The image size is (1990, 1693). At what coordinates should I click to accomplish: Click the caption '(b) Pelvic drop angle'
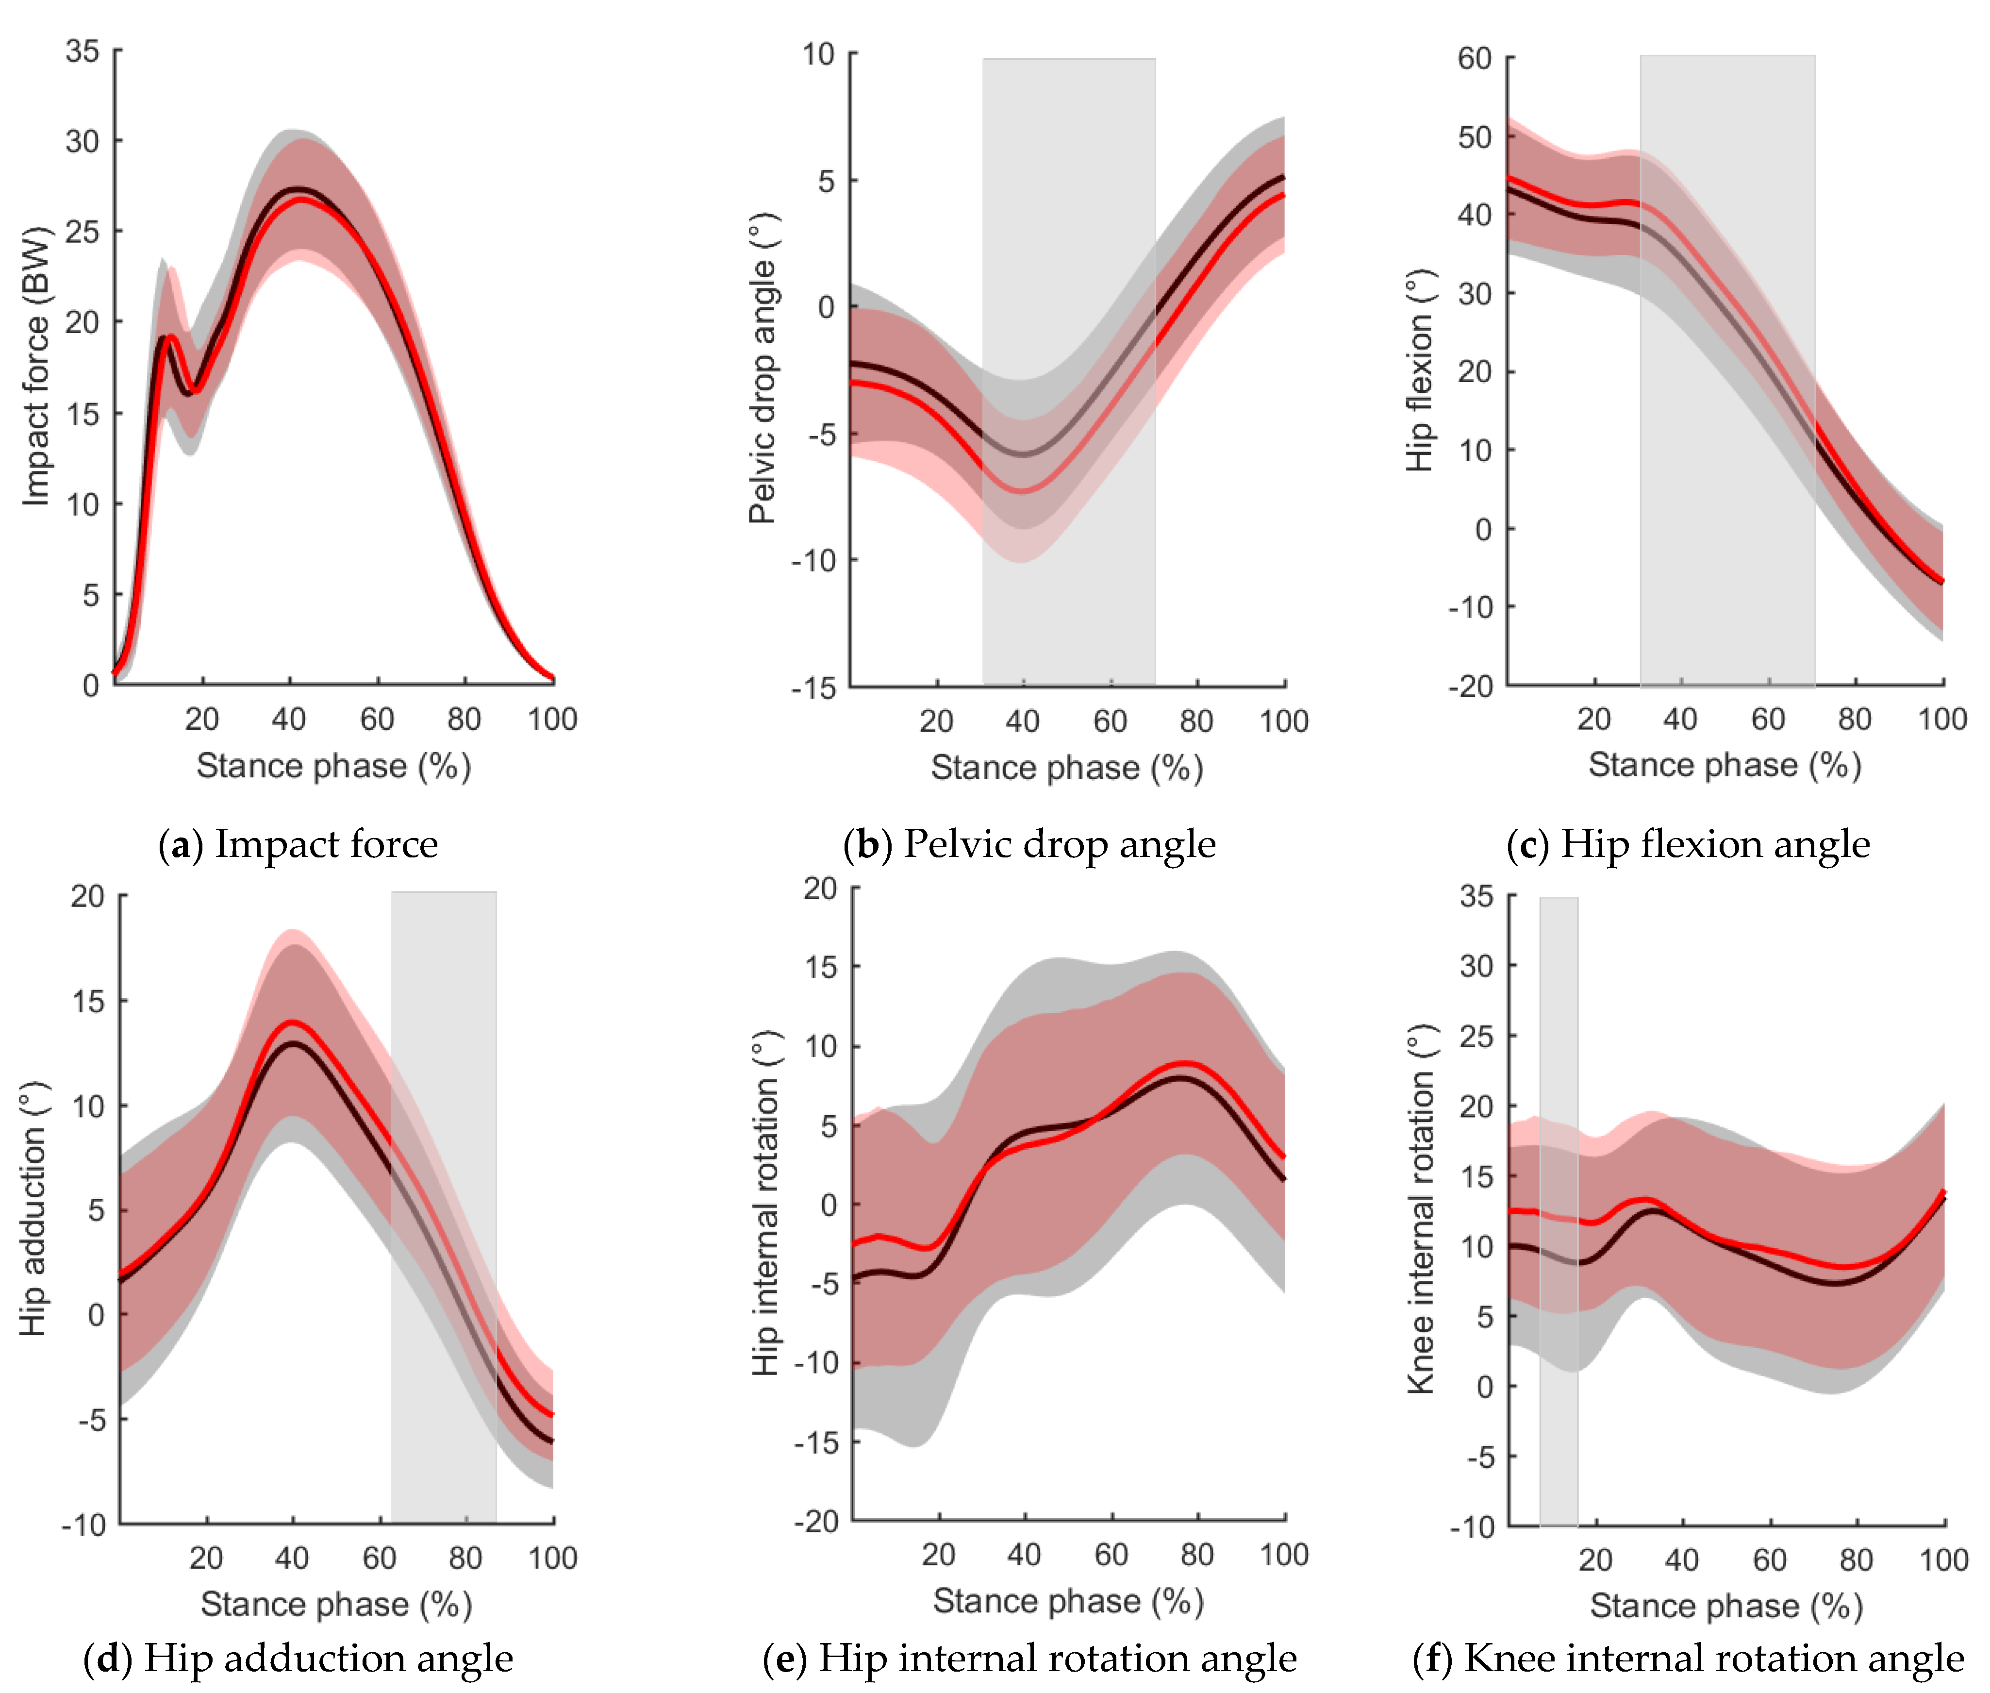(1028, 845)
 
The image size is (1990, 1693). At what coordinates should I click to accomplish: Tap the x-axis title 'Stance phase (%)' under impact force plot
(333, 766)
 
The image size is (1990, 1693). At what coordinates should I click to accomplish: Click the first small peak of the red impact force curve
(171, 337)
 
